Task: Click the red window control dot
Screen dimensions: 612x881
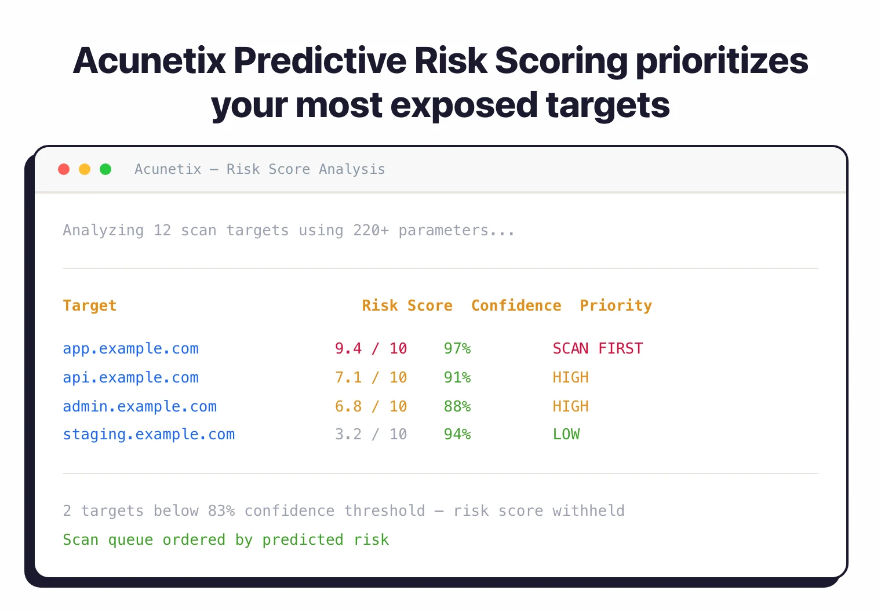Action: [x=64, y=169]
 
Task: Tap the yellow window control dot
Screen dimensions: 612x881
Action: [x=85, y=169]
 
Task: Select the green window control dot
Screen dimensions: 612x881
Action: [x=105, y=169]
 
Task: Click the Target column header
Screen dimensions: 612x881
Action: [x=90, y=305]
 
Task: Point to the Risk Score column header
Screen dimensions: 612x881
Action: [x=407, y=305]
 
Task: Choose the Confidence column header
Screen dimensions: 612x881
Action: [x=516, y=305]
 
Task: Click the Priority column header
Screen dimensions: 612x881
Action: [x=616, y=305]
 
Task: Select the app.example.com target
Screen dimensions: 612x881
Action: [x=130, y=348]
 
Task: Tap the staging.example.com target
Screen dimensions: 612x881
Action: [x=148, y=434]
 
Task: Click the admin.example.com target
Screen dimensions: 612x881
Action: [x=140, y=406]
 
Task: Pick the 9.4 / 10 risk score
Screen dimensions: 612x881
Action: [x=371, y=348]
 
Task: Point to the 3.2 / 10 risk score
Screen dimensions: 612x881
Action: [x=371, y=434]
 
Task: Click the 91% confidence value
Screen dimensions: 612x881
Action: [x=457, y=377]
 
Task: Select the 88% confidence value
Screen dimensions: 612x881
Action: [x=457, y=406]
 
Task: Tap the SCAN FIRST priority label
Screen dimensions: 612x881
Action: [x=598, y=348]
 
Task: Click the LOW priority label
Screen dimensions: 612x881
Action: [x=566, y=434]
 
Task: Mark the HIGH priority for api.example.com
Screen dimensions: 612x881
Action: [x=570, y=377]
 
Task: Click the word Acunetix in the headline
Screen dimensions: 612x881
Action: [x=150, y=61]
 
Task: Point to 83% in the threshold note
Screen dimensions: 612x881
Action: [x=221, y=511]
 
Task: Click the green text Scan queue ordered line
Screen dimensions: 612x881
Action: [x=225, y=540]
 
